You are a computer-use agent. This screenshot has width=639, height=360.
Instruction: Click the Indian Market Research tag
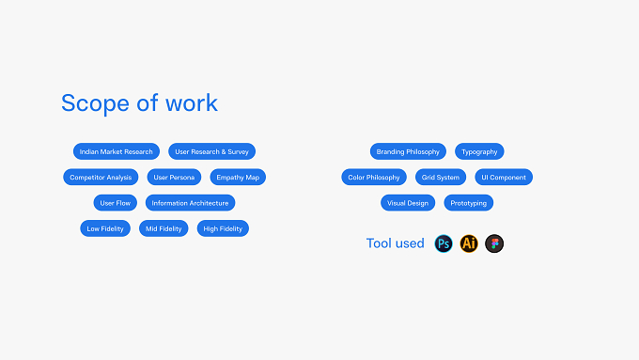[x=117, y=151]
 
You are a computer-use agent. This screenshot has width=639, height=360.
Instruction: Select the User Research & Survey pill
[x=212, y=151]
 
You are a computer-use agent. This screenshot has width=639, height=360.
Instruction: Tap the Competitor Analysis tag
[x=101, y=178]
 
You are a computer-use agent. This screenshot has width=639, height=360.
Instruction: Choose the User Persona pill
[x=174, y=178]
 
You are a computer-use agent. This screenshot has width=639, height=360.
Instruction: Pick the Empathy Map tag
[x=238, y=178]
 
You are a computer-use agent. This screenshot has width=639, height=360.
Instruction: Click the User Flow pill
[x=116, y=203]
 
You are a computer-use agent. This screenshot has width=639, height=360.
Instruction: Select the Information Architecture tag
[x=191, y=203]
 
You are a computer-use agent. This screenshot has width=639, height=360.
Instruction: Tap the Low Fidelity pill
[x=105, y=228]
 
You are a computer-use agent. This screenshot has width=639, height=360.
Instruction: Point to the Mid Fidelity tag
[x=164, y=228]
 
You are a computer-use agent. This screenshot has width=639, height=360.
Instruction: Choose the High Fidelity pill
[x=223, y=228]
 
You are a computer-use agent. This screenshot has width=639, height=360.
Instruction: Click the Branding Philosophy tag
[x=408, y=151]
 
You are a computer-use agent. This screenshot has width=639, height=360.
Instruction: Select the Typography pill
[x=479, y=151]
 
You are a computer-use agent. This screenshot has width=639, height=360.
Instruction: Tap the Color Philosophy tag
[x=374, y=178]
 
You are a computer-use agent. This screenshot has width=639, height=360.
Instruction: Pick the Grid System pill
[x=441, y=178]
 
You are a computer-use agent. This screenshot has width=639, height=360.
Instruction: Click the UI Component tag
[x=504, y=178]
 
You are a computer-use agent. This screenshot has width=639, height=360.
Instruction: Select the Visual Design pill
[x=408, y=203]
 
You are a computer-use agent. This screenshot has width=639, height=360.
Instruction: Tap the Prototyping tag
[x=469, y=203]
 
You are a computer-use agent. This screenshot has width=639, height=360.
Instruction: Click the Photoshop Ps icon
[x=444, y=243]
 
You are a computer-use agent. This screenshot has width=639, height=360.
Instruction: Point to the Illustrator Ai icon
[x=469, y=243]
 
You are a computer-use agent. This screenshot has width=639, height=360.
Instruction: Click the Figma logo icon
[x=494, y=243]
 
